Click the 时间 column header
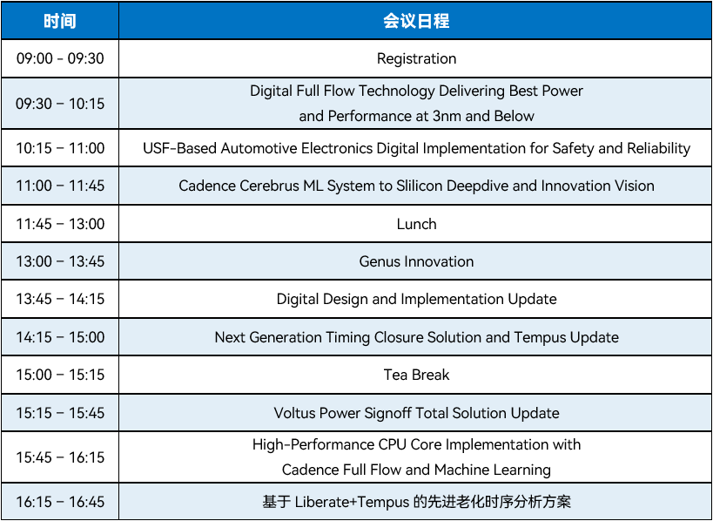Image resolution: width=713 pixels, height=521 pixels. pos(59,22)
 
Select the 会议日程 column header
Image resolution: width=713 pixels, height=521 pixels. pos(416,22)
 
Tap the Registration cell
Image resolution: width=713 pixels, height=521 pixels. pos(416,58)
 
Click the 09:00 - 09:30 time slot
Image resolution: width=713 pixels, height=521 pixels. pos(60,58)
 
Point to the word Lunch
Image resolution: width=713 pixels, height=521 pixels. pos(416,224)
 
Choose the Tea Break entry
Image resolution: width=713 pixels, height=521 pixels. pos(416,375)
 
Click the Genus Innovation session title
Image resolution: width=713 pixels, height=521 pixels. pos(416,261)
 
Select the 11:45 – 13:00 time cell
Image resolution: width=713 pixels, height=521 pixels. pos(60,224)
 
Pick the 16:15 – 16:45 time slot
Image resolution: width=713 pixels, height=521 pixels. pos(60,502)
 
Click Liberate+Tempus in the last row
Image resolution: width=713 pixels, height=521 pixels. pos(352,502)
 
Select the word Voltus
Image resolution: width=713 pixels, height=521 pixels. pos(294,413)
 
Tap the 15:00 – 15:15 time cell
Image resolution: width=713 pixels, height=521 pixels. pos(60,375)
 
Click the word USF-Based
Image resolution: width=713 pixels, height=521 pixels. pos(179,148)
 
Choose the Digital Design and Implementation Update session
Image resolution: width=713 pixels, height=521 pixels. pos(416,299)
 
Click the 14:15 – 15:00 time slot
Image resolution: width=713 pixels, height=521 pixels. pos(60,337)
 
